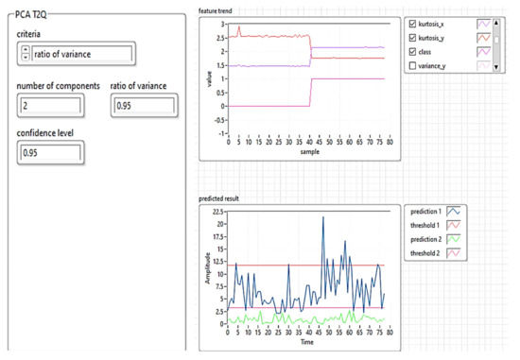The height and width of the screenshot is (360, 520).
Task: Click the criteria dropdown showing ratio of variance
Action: click(80, 54)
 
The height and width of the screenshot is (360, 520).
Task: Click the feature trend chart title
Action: click(217, 10)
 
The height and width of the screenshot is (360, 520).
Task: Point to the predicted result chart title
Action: click(221, 199)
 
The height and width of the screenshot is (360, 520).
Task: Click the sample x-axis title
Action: click(311, 151)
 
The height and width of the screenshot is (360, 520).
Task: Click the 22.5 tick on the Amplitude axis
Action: click(217, 212)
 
